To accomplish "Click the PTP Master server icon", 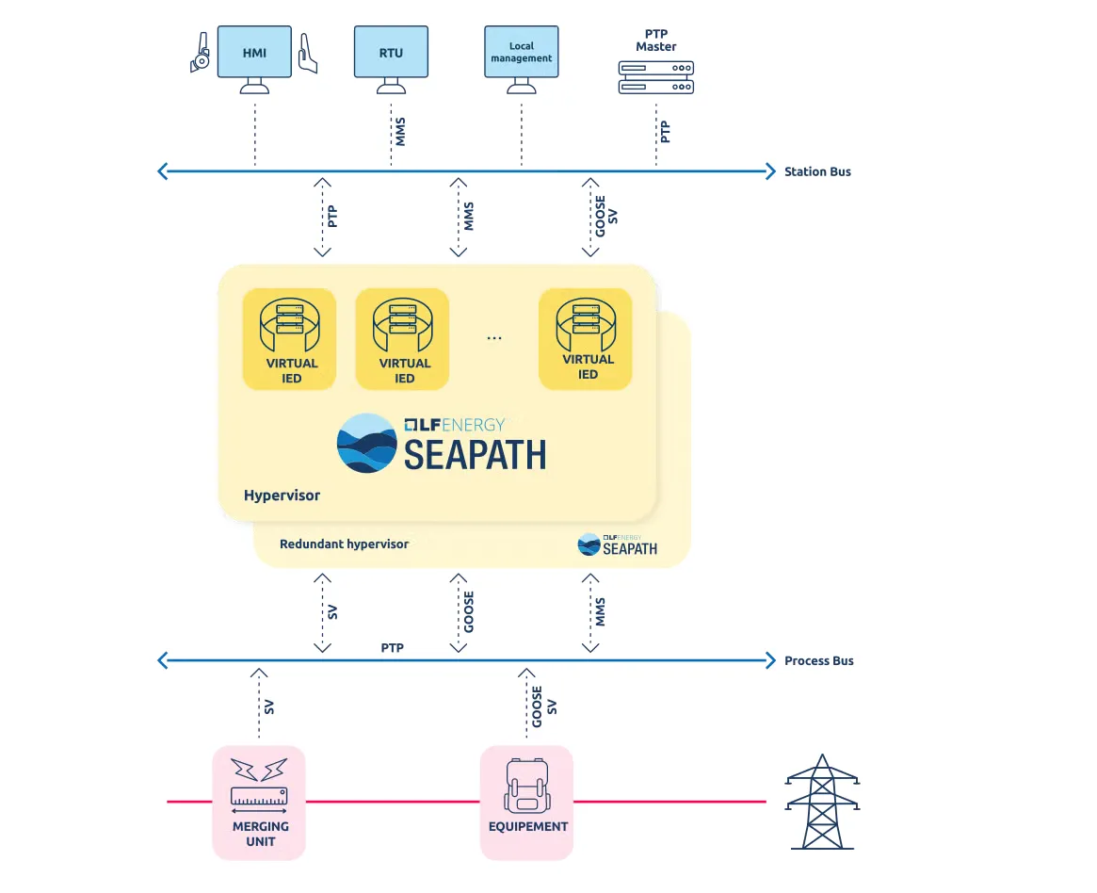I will (x=655, y=77).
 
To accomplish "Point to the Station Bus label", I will (x=817, y=171).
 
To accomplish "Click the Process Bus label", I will (x=818, y=660).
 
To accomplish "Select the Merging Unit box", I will (x=259, y=803).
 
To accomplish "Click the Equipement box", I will (x=526, y=803).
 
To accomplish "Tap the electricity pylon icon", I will (x=821, y=802).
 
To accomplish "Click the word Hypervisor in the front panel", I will (x=282, y=495).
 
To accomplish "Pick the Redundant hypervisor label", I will (x=344, y=544).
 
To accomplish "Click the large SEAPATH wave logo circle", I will (x=366, y=443).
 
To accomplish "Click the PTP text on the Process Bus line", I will (x=393, y=648).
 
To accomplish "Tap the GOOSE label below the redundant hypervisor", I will (x=469, y=611).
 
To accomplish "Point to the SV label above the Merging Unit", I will (x=269, y=706).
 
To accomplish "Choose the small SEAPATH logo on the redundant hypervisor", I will (x=618, y=544).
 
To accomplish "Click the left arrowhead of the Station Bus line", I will (x=163, y=171).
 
